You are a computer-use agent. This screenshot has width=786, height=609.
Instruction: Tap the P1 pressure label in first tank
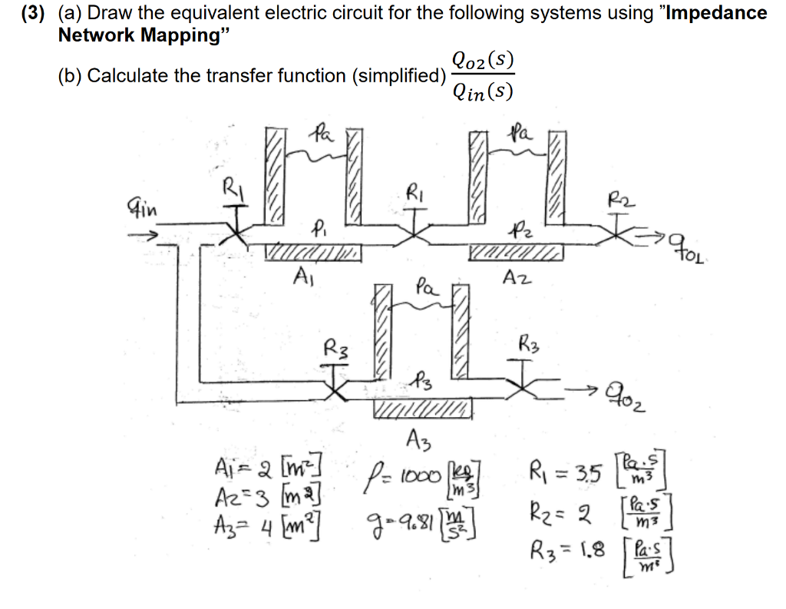pyautogui.click(x=318, y=228)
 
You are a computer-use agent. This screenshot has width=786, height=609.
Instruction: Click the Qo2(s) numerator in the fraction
pyautogui.click(x=483, y=60)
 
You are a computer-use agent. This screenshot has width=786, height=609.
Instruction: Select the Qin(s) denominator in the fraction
pyautogui.click(x=482, y=91)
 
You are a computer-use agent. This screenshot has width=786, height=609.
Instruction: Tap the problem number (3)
pyautogui.click(x=33, y=13)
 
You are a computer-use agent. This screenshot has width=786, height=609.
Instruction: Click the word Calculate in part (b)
pyautogui.click(x=127, y=75)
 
